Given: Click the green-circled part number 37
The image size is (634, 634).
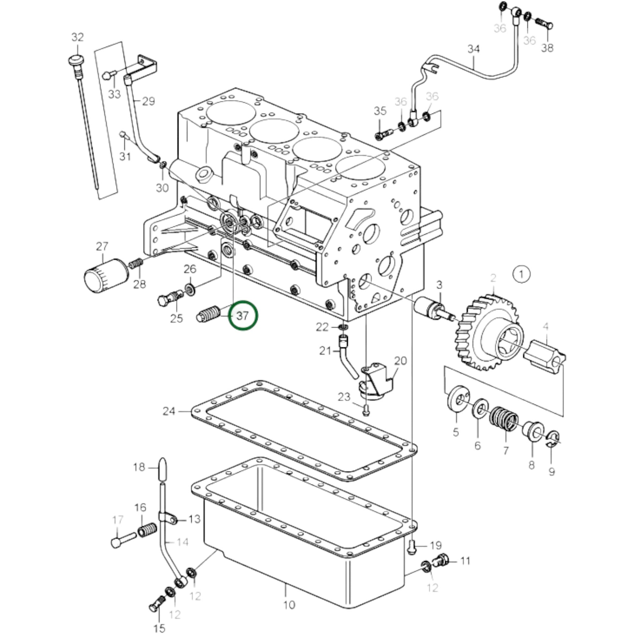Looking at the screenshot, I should coord(243,316).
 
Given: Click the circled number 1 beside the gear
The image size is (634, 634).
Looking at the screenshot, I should coord(522,274).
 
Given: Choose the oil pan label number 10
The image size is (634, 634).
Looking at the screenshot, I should coord(289,604).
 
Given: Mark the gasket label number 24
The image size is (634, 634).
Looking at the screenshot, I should coord(169,411).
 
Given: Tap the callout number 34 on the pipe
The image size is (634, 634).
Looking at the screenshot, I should coord(473,49).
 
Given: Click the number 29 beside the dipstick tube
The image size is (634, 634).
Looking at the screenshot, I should coord(148,101).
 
